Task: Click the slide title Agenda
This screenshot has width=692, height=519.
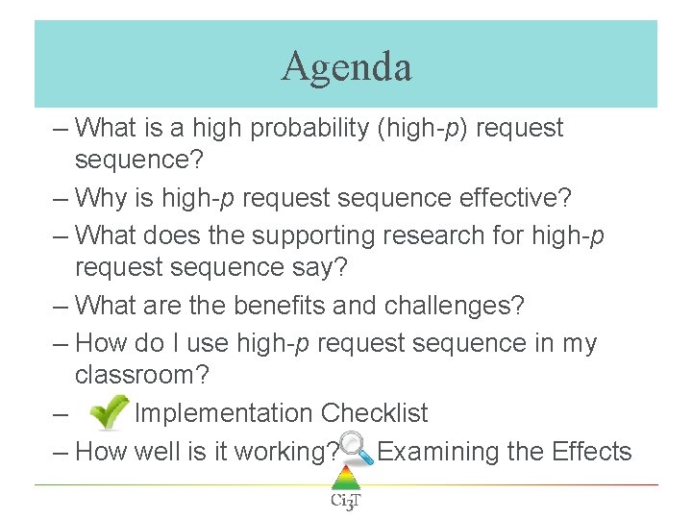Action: [346, 66]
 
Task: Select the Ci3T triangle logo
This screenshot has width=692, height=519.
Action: [345, 486]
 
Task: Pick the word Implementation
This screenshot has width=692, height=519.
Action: [223, 414]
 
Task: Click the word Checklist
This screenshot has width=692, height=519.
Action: [374, 414]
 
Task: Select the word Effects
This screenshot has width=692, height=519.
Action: [592, 451]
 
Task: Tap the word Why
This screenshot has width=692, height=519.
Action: [100, 199]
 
